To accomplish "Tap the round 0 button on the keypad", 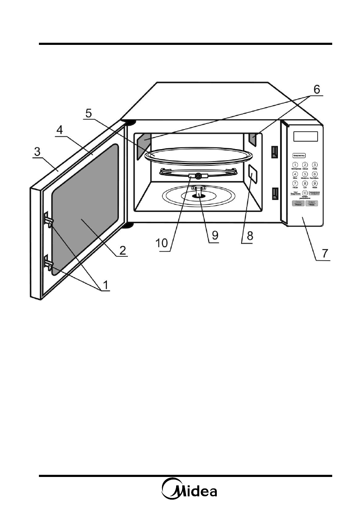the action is pyautogui.click(x=305, y=193).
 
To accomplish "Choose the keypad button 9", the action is pyautogui.click(x=315, y=183).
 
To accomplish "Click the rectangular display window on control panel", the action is pyautogui.click(x=306, y=136).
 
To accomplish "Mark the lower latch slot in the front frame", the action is pyautogui.click(x=274, y=194).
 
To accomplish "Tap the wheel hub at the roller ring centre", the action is pyautogui.click(x=198, y=175).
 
